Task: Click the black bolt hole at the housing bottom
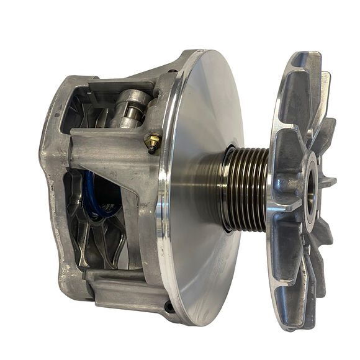point(169,306)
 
